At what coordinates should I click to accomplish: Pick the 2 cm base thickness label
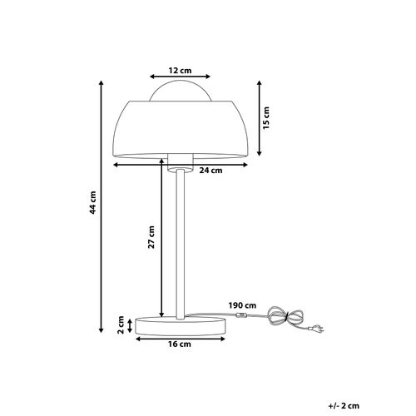coord(121,323)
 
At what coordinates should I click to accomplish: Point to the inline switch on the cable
coord(242,318)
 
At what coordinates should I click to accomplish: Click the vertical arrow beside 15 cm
coord(260,118)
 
